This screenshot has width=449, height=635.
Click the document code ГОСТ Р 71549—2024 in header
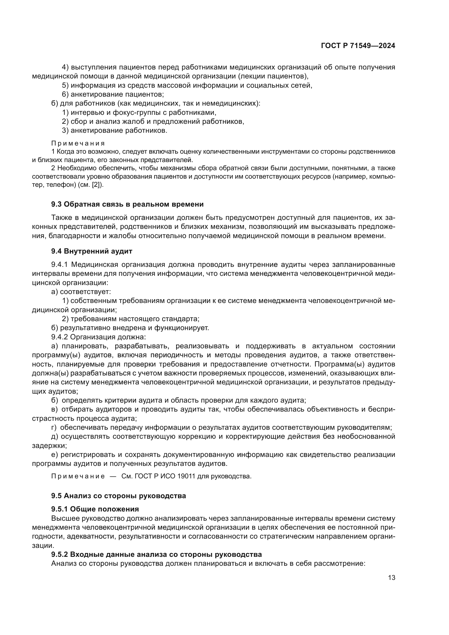(x=358, y=46)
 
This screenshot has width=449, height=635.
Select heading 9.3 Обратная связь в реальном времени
(x=127, y=204)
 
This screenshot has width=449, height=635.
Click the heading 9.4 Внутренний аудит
(x=91, y=251)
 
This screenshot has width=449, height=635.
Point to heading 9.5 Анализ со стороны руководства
(x=118, y=496)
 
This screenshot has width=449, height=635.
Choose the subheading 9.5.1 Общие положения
(x=95, y=509)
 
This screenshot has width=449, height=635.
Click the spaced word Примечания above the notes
(x=78, y=143)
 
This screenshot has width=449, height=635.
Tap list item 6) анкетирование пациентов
(x=113, y=94)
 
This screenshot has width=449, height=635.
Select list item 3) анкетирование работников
(x=115, y=131)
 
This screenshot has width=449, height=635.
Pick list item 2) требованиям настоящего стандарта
(x=131, y=319)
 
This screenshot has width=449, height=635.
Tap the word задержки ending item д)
(x=49, y=446)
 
